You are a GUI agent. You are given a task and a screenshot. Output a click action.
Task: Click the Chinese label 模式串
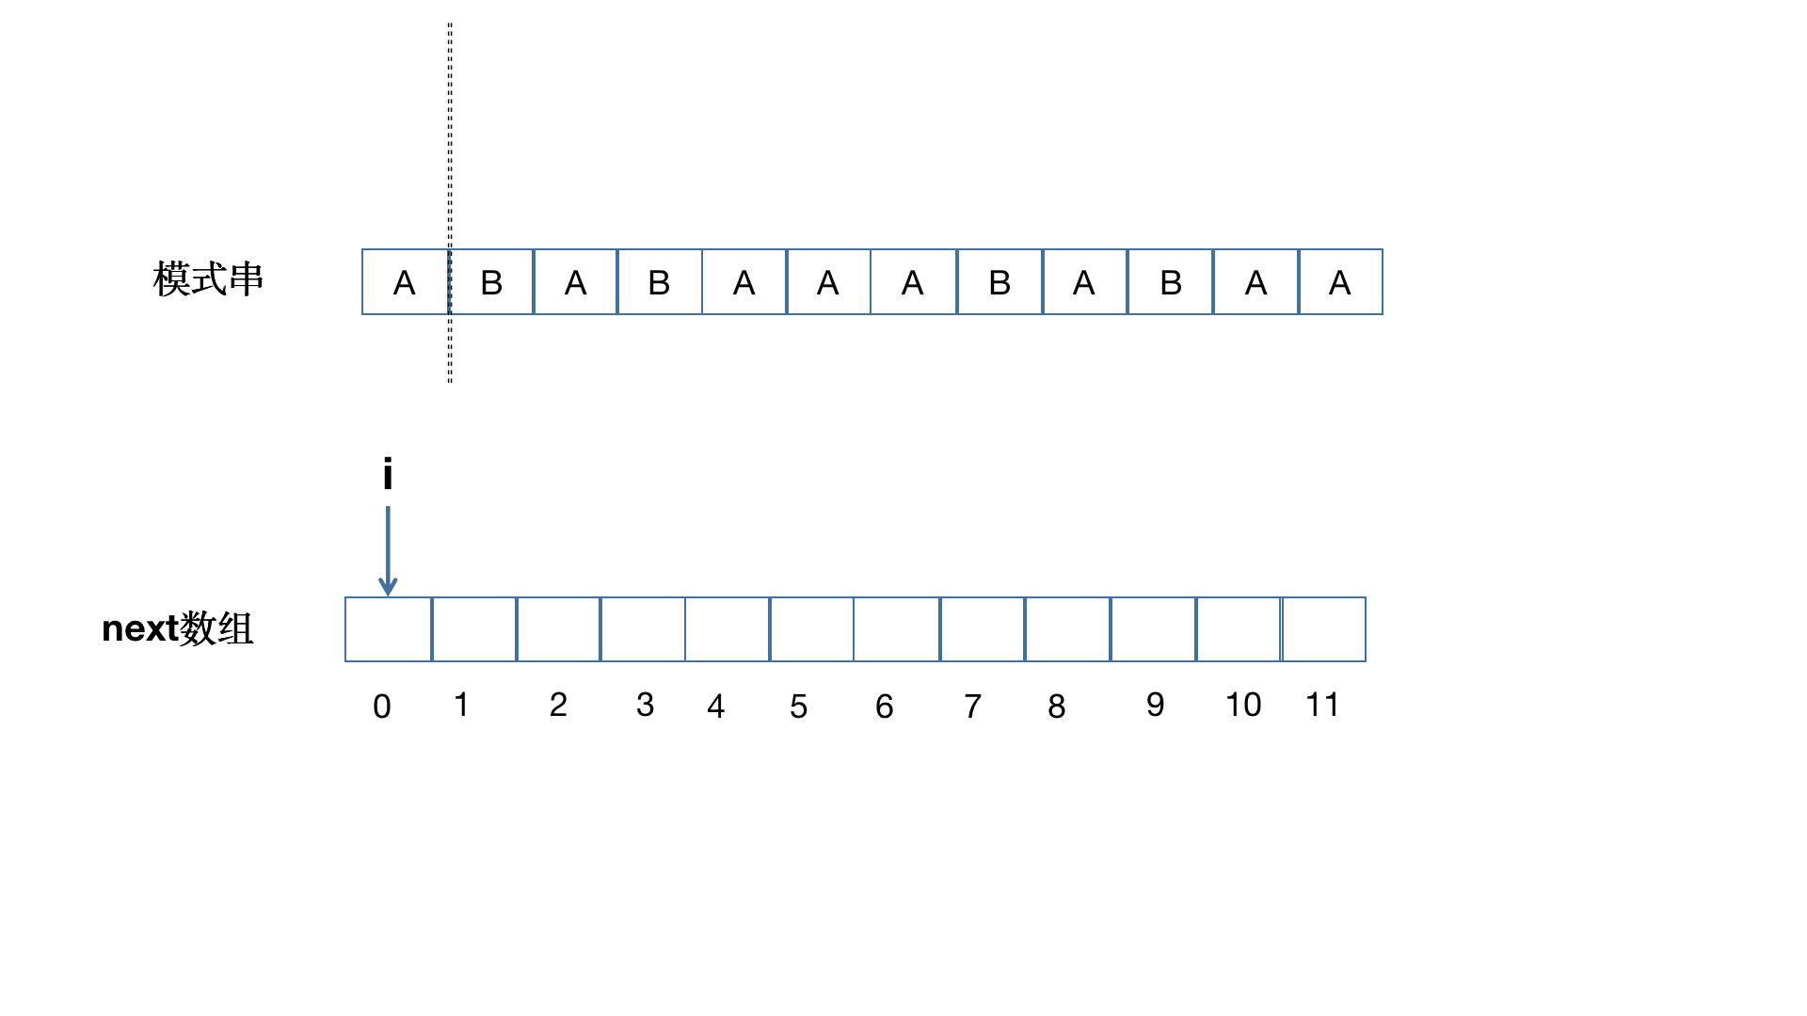point(208,279)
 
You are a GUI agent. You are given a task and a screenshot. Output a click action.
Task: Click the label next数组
point(178,628)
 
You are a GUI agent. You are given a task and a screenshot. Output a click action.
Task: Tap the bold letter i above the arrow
point(388,474)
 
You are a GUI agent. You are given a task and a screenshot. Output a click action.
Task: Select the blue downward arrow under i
point(388,551)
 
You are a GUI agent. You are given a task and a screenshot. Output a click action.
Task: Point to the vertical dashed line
point(450,203)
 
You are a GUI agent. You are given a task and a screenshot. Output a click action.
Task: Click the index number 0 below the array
point(382,706)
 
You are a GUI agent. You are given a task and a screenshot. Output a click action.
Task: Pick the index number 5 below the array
point(799,706)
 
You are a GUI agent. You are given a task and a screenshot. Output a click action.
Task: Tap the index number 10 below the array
point(1243,705)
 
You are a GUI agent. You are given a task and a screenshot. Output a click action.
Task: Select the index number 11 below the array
point(1322,705)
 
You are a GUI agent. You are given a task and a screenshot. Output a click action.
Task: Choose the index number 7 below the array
point(973,706)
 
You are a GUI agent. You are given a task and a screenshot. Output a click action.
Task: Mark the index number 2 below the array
point(558,705)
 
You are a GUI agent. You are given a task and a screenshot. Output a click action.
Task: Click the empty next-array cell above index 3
point(643,629)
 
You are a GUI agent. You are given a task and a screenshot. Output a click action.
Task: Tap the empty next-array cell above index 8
point(1068,629)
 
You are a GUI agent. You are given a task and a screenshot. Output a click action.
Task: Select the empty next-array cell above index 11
point(1323,629)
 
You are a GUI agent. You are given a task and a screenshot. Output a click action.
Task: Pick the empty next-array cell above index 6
point(897,629)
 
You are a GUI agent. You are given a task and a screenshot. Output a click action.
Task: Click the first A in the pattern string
point(405,283)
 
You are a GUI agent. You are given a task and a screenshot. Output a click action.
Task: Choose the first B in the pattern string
point(491,283)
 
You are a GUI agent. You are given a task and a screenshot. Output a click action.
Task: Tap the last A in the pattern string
point(1340,283)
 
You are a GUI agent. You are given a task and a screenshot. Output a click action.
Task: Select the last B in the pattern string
point(1171,283)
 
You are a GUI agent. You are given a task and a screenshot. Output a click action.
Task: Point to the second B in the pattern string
point(659,283)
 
